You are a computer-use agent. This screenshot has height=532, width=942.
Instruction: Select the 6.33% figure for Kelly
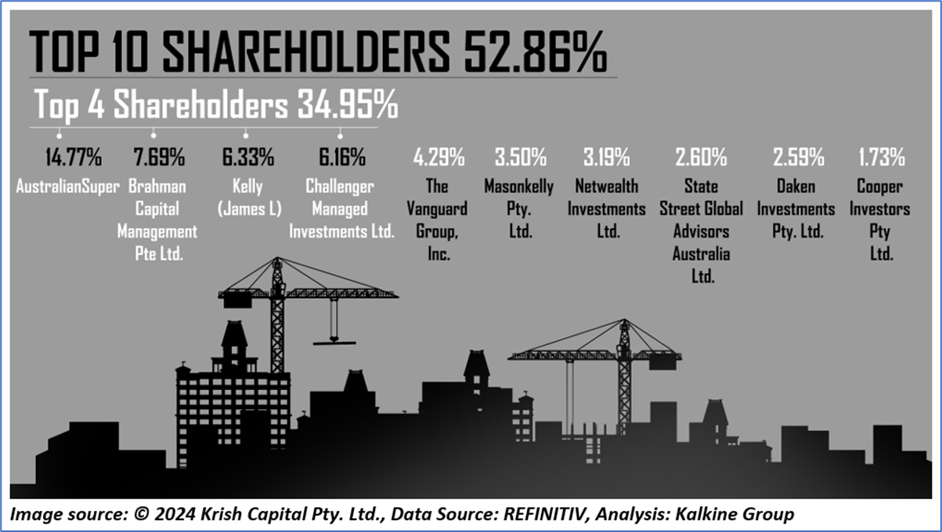coord(247,157)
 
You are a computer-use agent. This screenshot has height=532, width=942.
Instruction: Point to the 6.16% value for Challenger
coord(341,157)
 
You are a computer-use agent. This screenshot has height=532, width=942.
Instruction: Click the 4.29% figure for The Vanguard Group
coord(439,157)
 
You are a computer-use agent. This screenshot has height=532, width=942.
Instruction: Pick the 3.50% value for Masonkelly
coord(520,157)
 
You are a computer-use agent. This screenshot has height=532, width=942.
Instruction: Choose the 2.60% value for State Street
coord(701,157)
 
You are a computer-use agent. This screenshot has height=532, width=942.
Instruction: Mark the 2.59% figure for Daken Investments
coord(798,157)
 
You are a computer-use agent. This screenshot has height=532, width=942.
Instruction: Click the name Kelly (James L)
coord(247,198)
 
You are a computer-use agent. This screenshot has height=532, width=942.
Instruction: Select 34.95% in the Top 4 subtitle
coord(347,104)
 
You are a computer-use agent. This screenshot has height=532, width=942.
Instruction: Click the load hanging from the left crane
coord(334,342)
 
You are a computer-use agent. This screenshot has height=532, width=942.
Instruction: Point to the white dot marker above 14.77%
coord(59,133)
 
